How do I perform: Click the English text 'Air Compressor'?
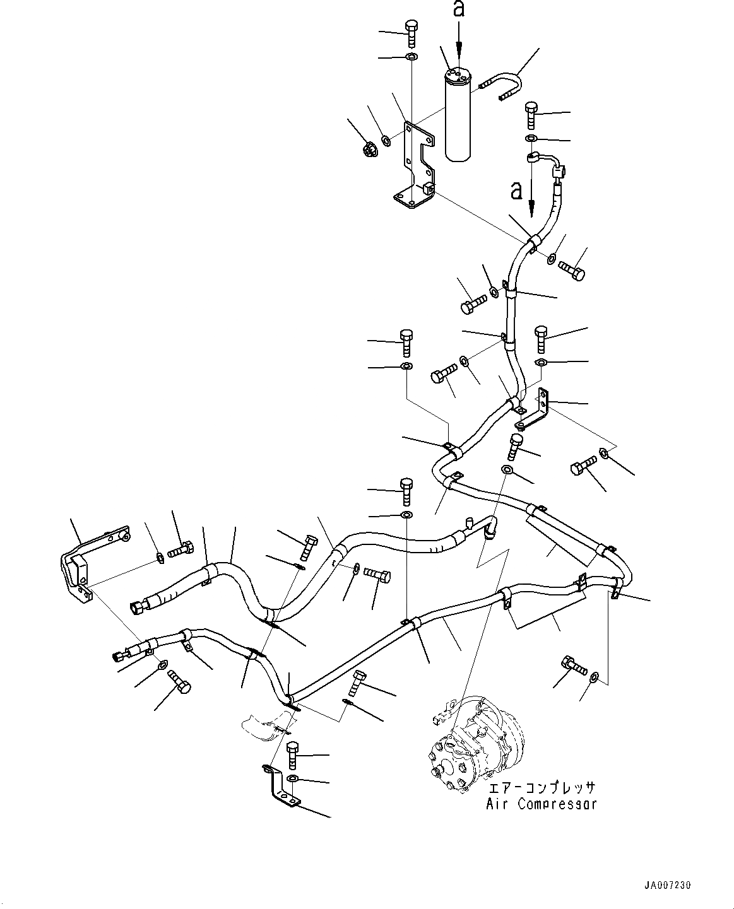tap(541, 804)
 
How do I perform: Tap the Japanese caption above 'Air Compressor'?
tap(541, 789)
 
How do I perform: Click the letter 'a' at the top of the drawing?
tap(459, 10)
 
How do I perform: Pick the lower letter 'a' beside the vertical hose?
tap(517, 191)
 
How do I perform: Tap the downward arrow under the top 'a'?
tap(459, 44)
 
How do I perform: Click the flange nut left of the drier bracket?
tap(370, 149)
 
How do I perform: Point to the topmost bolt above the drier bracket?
tap(411, 31)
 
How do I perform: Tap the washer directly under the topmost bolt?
tap(411, 58)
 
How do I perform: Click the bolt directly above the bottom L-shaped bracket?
tap(292, 754)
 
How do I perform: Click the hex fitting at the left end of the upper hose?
tap(136, 608)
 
